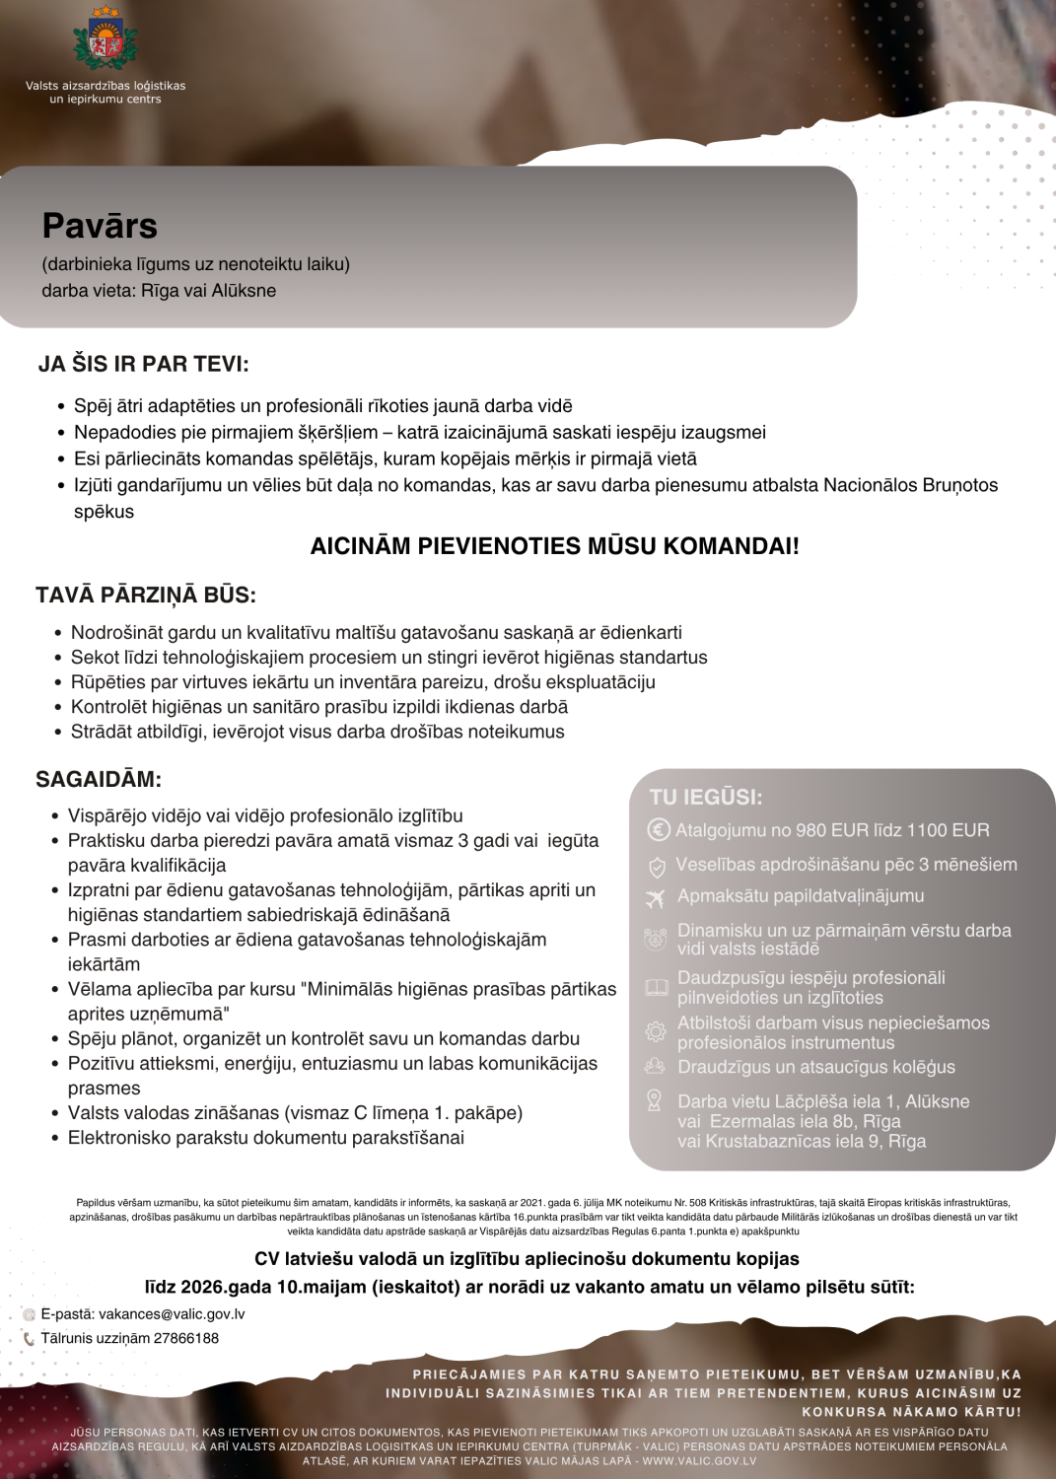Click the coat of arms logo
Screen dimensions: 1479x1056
[105, 39]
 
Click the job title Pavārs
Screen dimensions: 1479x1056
[100, 226]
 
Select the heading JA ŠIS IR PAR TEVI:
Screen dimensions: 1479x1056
[144, 364]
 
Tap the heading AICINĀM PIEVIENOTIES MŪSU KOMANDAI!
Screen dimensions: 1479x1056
[554, 546]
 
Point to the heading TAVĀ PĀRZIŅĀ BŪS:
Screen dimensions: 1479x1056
[146, 596]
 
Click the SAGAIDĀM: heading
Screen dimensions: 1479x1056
[99, 779]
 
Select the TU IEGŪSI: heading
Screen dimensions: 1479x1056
[706, 798]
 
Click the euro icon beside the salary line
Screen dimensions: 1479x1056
[658, 830]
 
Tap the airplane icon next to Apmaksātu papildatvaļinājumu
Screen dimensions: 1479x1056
[655, 897]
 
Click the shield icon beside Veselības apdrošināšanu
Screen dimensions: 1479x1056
[657, 867]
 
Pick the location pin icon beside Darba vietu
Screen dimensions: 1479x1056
[654, 1101]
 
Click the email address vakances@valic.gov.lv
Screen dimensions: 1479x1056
[172, 1314]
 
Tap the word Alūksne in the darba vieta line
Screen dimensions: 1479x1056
[244, 291]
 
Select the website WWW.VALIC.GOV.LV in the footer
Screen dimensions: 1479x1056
[700, 1461]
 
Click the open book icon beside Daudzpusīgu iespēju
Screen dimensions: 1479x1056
[656, 987]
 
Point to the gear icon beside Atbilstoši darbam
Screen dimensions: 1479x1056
[656, 1032]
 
